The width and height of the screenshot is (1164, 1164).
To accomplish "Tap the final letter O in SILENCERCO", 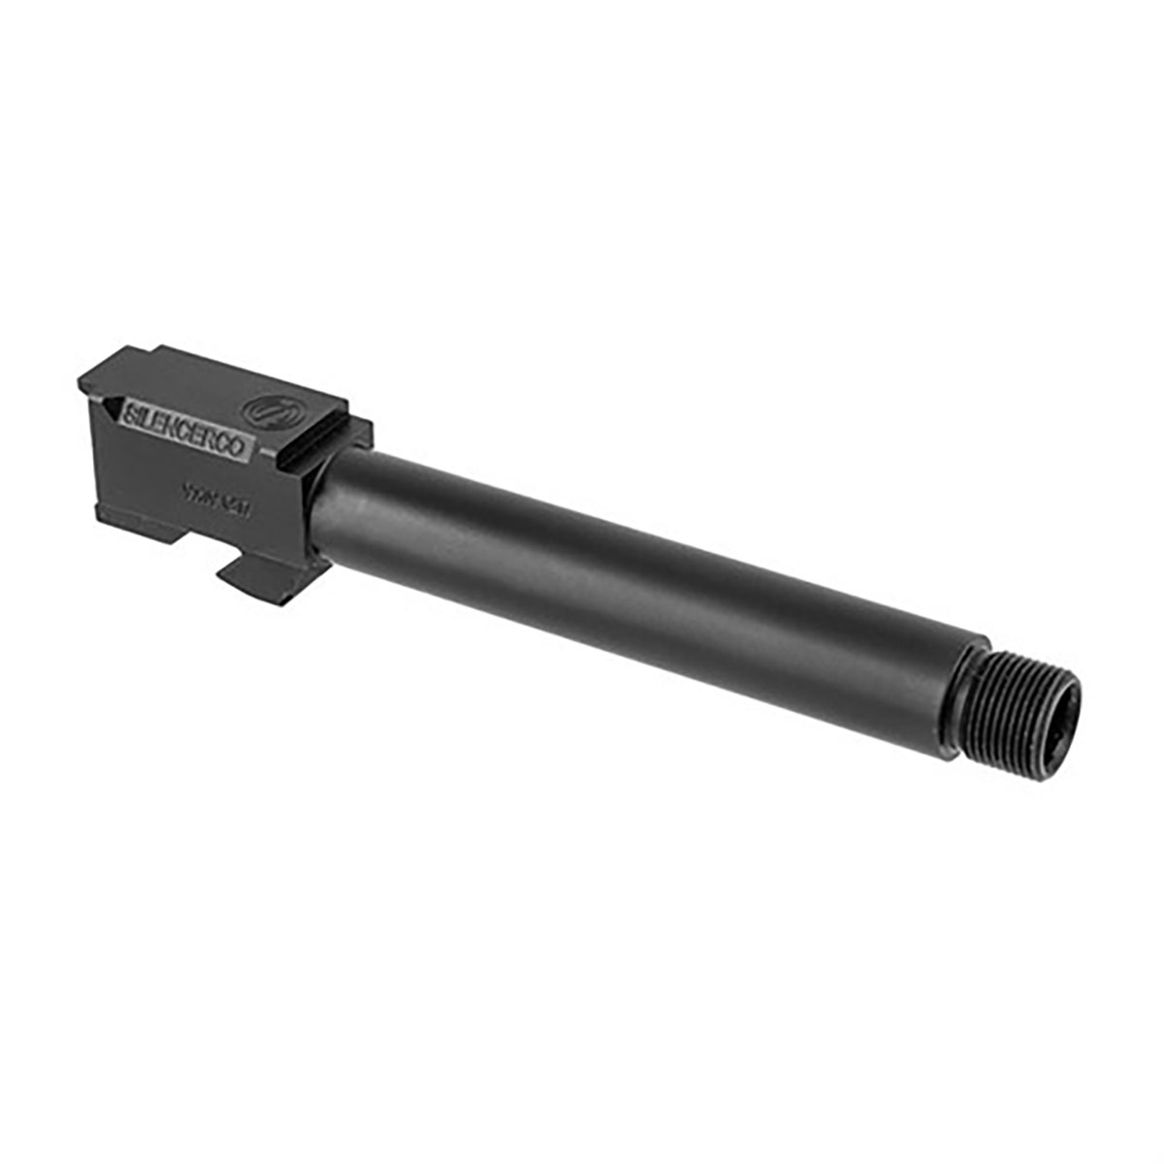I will (248, 452).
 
